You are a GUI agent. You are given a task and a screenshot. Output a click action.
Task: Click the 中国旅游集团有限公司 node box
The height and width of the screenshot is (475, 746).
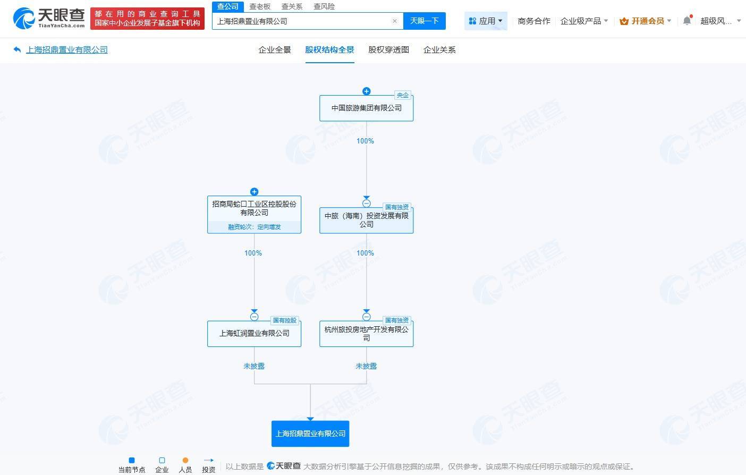366,108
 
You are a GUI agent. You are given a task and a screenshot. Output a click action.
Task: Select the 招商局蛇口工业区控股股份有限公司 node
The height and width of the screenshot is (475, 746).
254,215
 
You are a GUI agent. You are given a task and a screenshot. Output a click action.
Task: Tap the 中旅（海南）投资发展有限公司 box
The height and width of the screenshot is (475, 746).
366,220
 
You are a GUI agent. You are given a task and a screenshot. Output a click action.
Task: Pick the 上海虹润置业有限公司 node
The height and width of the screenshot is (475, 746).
254,334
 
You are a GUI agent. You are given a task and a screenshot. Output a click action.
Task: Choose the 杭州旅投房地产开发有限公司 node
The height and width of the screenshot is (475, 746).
366,334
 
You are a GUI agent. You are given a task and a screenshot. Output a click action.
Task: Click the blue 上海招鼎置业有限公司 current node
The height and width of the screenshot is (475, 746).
310,434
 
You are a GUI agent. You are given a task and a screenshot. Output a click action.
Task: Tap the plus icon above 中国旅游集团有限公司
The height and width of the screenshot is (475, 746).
366,91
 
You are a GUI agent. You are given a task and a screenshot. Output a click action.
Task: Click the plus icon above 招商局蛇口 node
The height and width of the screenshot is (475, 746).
254,191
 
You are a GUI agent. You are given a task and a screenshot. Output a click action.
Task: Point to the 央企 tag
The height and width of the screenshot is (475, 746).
403,95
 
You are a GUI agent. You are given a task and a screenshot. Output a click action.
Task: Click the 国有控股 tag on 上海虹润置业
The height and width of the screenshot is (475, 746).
285,320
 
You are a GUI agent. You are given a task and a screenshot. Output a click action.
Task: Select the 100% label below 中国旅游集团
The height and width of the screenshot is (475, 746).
365,141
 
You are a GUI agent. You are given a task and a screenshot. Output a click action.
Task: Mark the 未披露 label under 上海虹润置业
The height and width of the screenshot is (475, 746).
254,366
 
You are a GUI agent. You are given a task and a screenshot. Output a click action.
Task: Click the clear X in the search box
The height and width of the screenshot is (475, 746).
395,21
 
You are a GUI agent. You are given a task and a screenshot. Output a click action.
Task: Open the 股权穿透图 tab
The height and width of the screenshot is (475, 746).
388,50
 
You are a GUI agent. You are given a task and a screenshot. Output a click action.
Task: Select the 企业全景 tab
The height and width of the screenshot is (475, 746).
275,50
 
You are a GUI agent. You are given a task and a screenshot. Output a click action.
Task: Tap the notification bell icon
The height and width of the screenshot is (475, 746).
687,21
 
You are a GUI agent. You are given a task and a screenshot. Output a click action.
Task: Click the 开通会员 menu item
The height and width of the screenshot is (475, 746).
645,21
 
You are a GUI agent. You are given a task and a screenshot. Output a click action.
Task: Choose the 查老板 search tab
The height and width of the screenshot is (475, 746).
260,6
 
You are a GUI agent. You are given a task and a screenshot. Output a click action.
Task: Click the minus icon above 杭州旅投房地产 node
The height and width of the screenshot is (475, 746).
366,317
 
